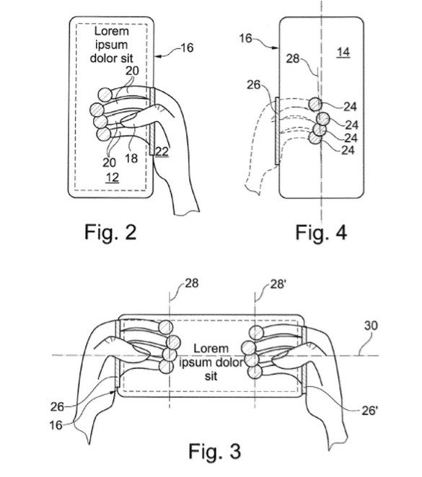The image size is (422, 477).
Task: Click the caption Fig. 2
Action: [x=110, y=233]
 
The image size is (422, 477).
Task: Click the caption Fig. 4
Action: [x=321, y=233]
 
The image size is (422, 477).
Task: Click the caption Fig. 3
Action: [x=215, y=451]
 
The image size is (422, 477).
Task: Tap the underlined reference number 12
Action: [x=112, y=177]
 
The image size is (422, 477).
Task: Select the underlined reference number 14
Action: [x=343, y=53]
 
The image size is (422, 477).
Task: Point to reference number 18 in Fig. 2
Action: [x=131, y=159]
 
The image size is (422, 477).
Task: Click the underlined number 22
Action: [x=162, y=151]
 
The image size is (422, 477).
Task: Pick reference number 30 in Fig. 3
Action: [x=371, y=326]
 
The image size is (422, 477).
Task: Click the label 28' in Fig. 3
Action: [x=278, y=284]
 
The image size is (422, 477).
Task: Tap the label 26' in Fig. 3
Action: [x=369, y=411]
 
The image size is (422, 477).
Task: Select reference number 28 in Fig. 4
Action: [x=293, y=58]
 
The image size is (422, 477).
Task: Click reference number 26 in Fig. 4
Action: [x=254, y=85]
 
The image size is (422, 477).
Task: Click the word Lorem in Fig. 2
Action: [x=112, y=31]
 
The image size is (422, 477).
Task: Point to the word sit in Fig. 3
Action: [x=211, y=376]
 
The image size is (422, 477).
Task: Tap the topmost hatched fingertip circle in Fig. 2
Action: [x=105, y=94]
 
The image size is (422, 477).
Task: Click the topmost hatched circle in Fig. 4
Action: [x=315, y=104]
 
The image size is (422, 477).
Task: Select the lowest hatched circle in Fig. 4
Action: [x=315, y=138]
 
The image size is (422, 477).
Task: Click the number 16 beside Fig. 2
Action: [x=187, y=48]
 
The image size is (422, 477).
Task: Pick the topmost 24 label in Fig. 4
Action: [x=350, y=107]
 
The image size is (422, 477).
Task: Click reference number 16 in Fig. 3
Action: [x=56, y=425]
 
